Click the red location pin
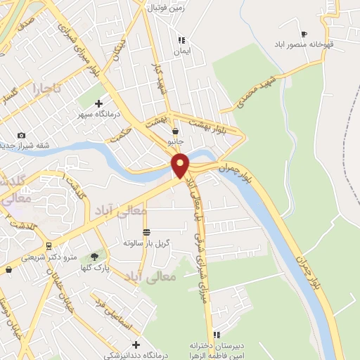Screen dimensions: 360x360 pyautogui.click(x=181, y=165)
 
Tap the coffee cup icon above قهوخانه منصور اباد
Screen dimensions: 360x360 pyautogui.click(x=304, y=34)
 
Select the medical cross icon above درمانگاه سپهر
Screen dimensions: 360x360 pyautogui.click(x=98, y=103)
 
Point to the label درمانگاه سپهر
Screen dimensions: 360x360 pyautogui.click(x=98, y=113)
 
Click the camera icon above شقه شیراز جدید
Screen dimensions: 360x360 pyautogui.click(x=21, y=135)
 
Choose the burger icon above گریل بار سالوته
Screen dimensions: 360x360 pyautogui.click(x=146, y=232)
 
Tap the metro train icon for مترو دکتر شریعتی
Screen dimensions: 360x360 pyautogui.click(x=49, y=246)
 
